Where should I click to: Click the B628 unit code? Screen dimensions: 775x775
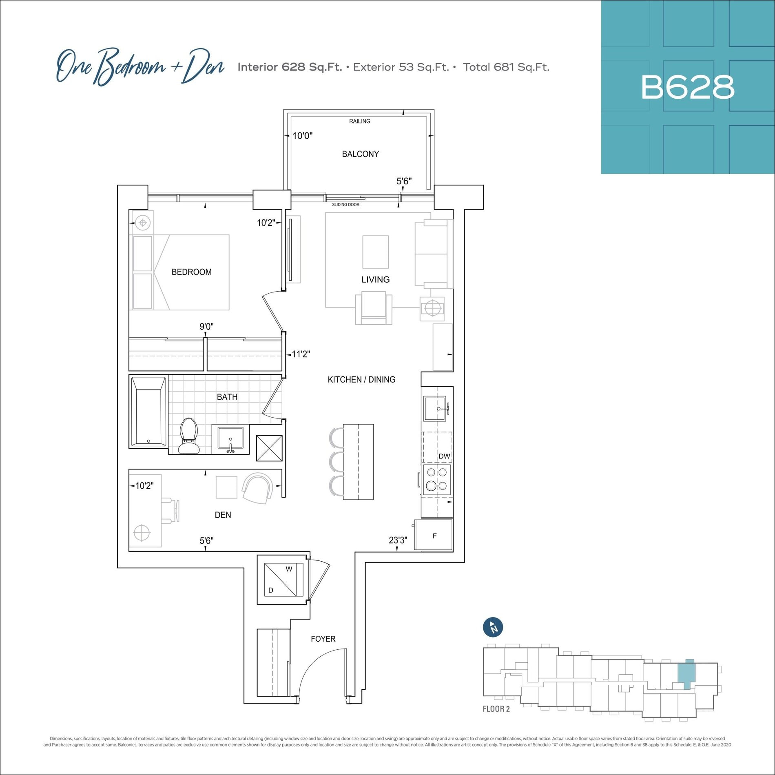tap(688, 87)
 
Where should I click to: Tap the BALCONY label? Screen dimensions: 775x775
tap(360, 154)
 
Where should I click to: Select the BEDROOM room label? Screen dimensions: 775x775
tap(191, 272)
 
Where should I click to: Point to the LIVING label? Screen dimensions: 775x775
tap(375, 279)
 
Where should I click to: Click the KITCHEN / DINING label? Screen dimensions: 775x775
tap(361, 379)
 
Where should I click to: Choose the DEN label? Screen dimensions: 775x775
tap(223, 515)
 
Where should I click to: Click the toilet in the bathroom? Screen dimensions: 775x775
tap(188, 435)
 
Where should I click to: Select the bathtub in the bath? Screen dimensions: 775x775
tap(148, 412)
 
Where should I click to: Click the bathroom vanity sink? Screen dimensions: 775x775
tap(230, 440)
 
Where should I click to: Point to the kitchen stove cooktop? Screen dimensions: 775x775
tap(436, 479)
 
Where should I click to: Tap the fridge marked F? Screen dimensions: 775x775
tap(434, 535)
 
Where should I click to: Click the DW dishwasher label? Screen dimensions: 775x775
tap(444, 456)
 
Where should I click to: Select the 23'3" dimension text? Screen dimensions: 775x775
tap(398, 540)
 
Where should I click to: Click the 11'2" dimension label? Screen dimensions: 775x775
tap(301, 354)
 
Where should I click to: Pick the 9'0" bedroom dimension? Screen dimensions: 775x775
tap(206, 326)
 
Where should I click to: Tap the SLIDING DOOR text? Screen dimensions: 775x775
tap(345, 204)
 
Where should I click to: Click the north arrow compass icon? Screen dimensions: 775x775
tap(493, 627)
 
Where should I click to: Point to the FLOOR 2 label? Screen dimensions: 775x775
tap(496, 709)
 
